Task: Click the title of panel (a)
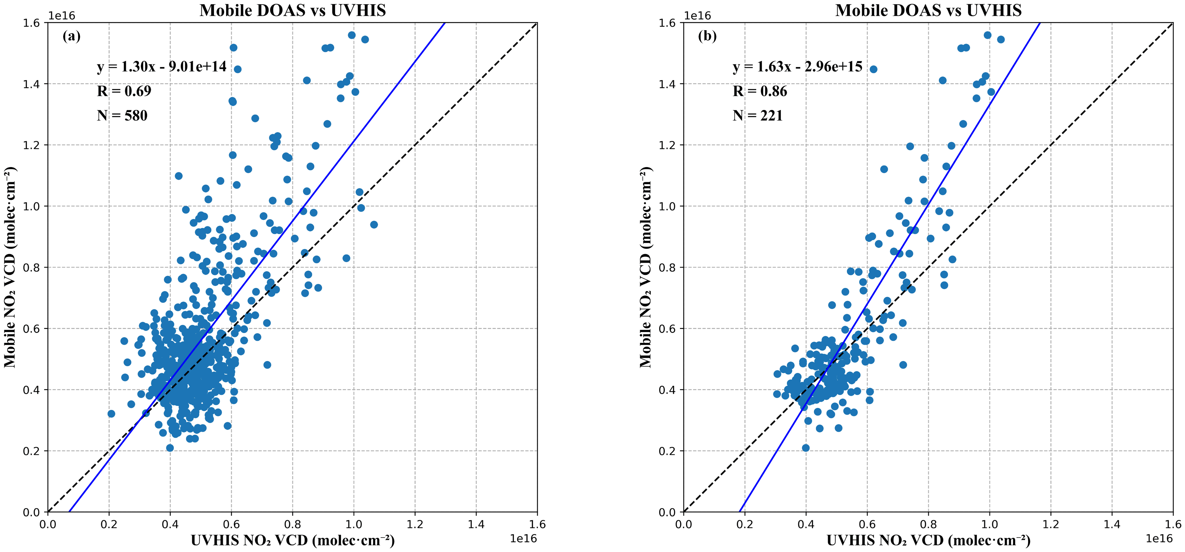coord(293,10)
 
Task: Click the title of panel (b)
coord(928,10)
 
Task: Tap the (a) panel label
coord(72,36)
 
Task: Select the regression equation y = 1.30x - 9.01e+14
coord(161,67)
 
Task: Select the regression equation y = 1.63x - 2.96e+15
coord(797,67)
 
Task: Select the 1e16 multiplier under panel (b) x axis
coord(1159,538)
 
